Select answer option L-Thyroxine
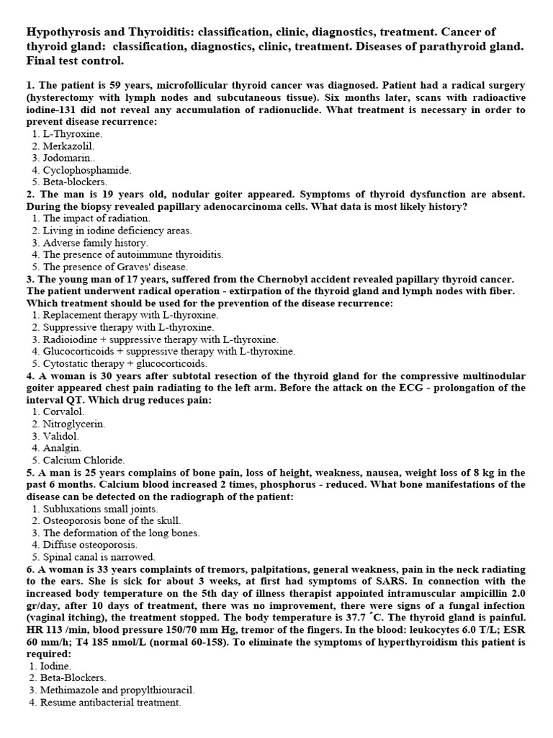(x=72, y=134)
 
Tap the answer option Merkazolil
(x=68, y=146)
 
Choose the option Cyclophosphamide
(x=86, y=170)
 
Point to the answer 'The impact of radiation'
(x=96, y=218)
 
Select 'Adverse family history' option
(x=95, y=243)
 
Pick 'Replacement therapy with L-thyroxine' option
(x=130, y=315)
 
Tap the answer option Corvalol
(x=63, y=412)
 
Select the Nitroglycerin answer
(x=73, y=424)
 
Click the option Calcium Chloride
(x=84, y=460)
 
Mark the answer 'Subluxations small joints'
(x=100, y=508)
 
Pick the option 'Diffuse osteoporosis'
(x=90, y=545)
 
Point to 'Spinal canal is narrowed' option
(x=99, y=557)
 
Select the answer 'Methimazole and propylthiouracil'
(x=118, y=690)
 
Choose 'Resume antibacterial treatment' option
(x=112, y=702)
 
